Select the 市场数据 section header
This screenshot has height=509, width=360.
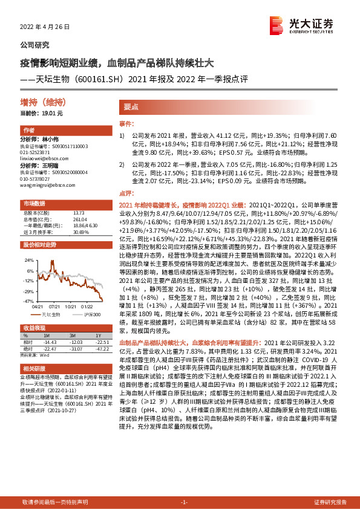(x=34, y=203)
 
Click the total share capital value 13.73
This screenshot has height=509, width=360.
(x=77, y=212)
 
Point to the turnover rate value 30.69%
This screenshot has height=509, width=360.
(x=80, y=232)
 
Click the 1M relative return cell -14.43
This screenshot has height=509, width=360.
(x=50, y=341)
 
